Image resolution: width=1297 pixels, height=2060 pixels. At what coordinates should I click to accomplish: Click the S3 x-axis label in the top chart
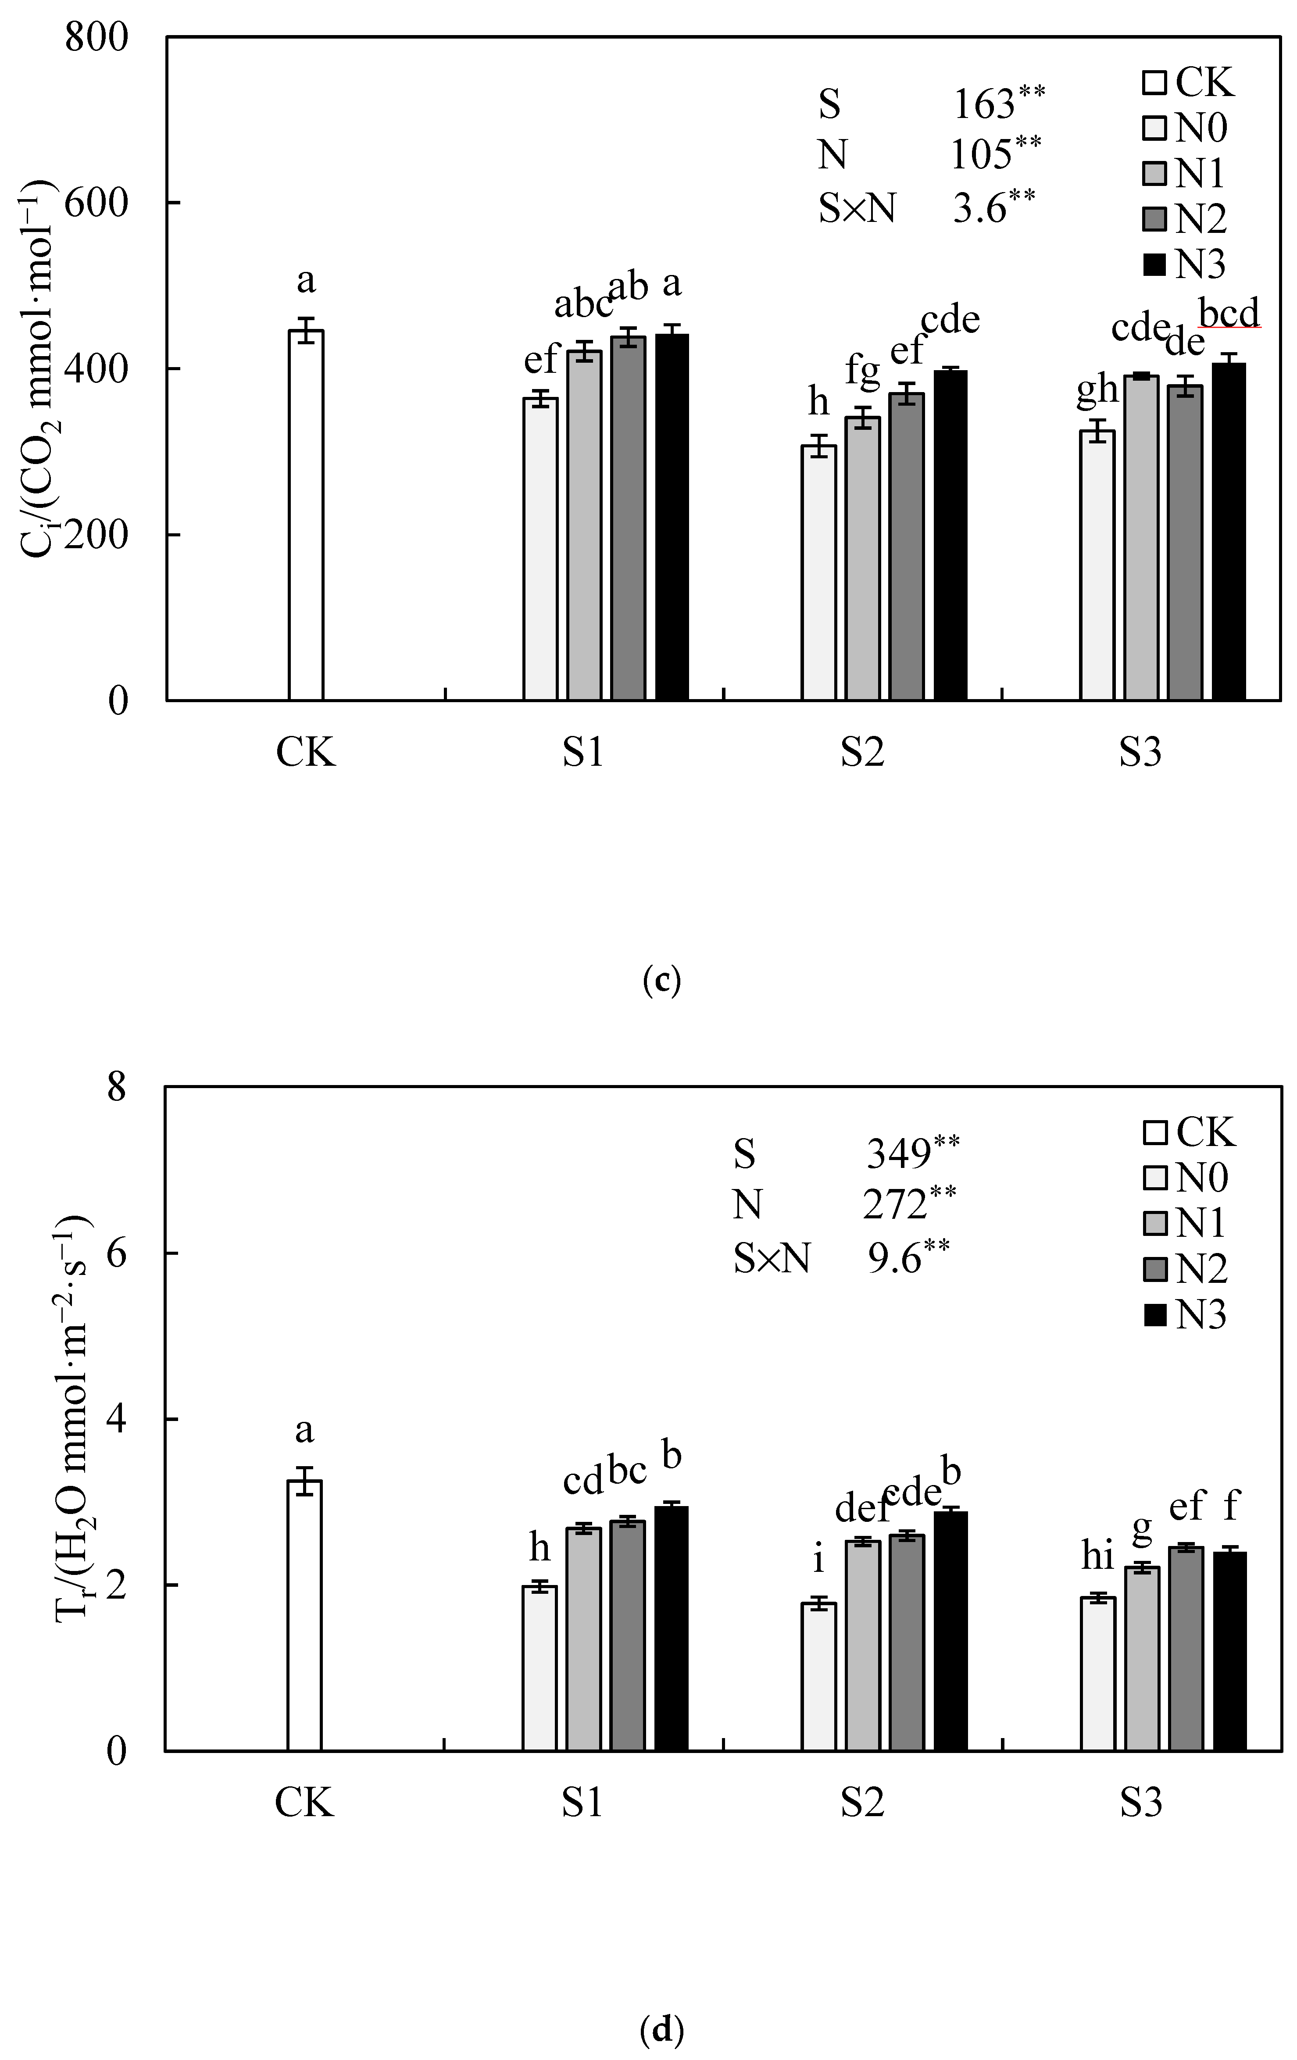(1140, 753)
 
